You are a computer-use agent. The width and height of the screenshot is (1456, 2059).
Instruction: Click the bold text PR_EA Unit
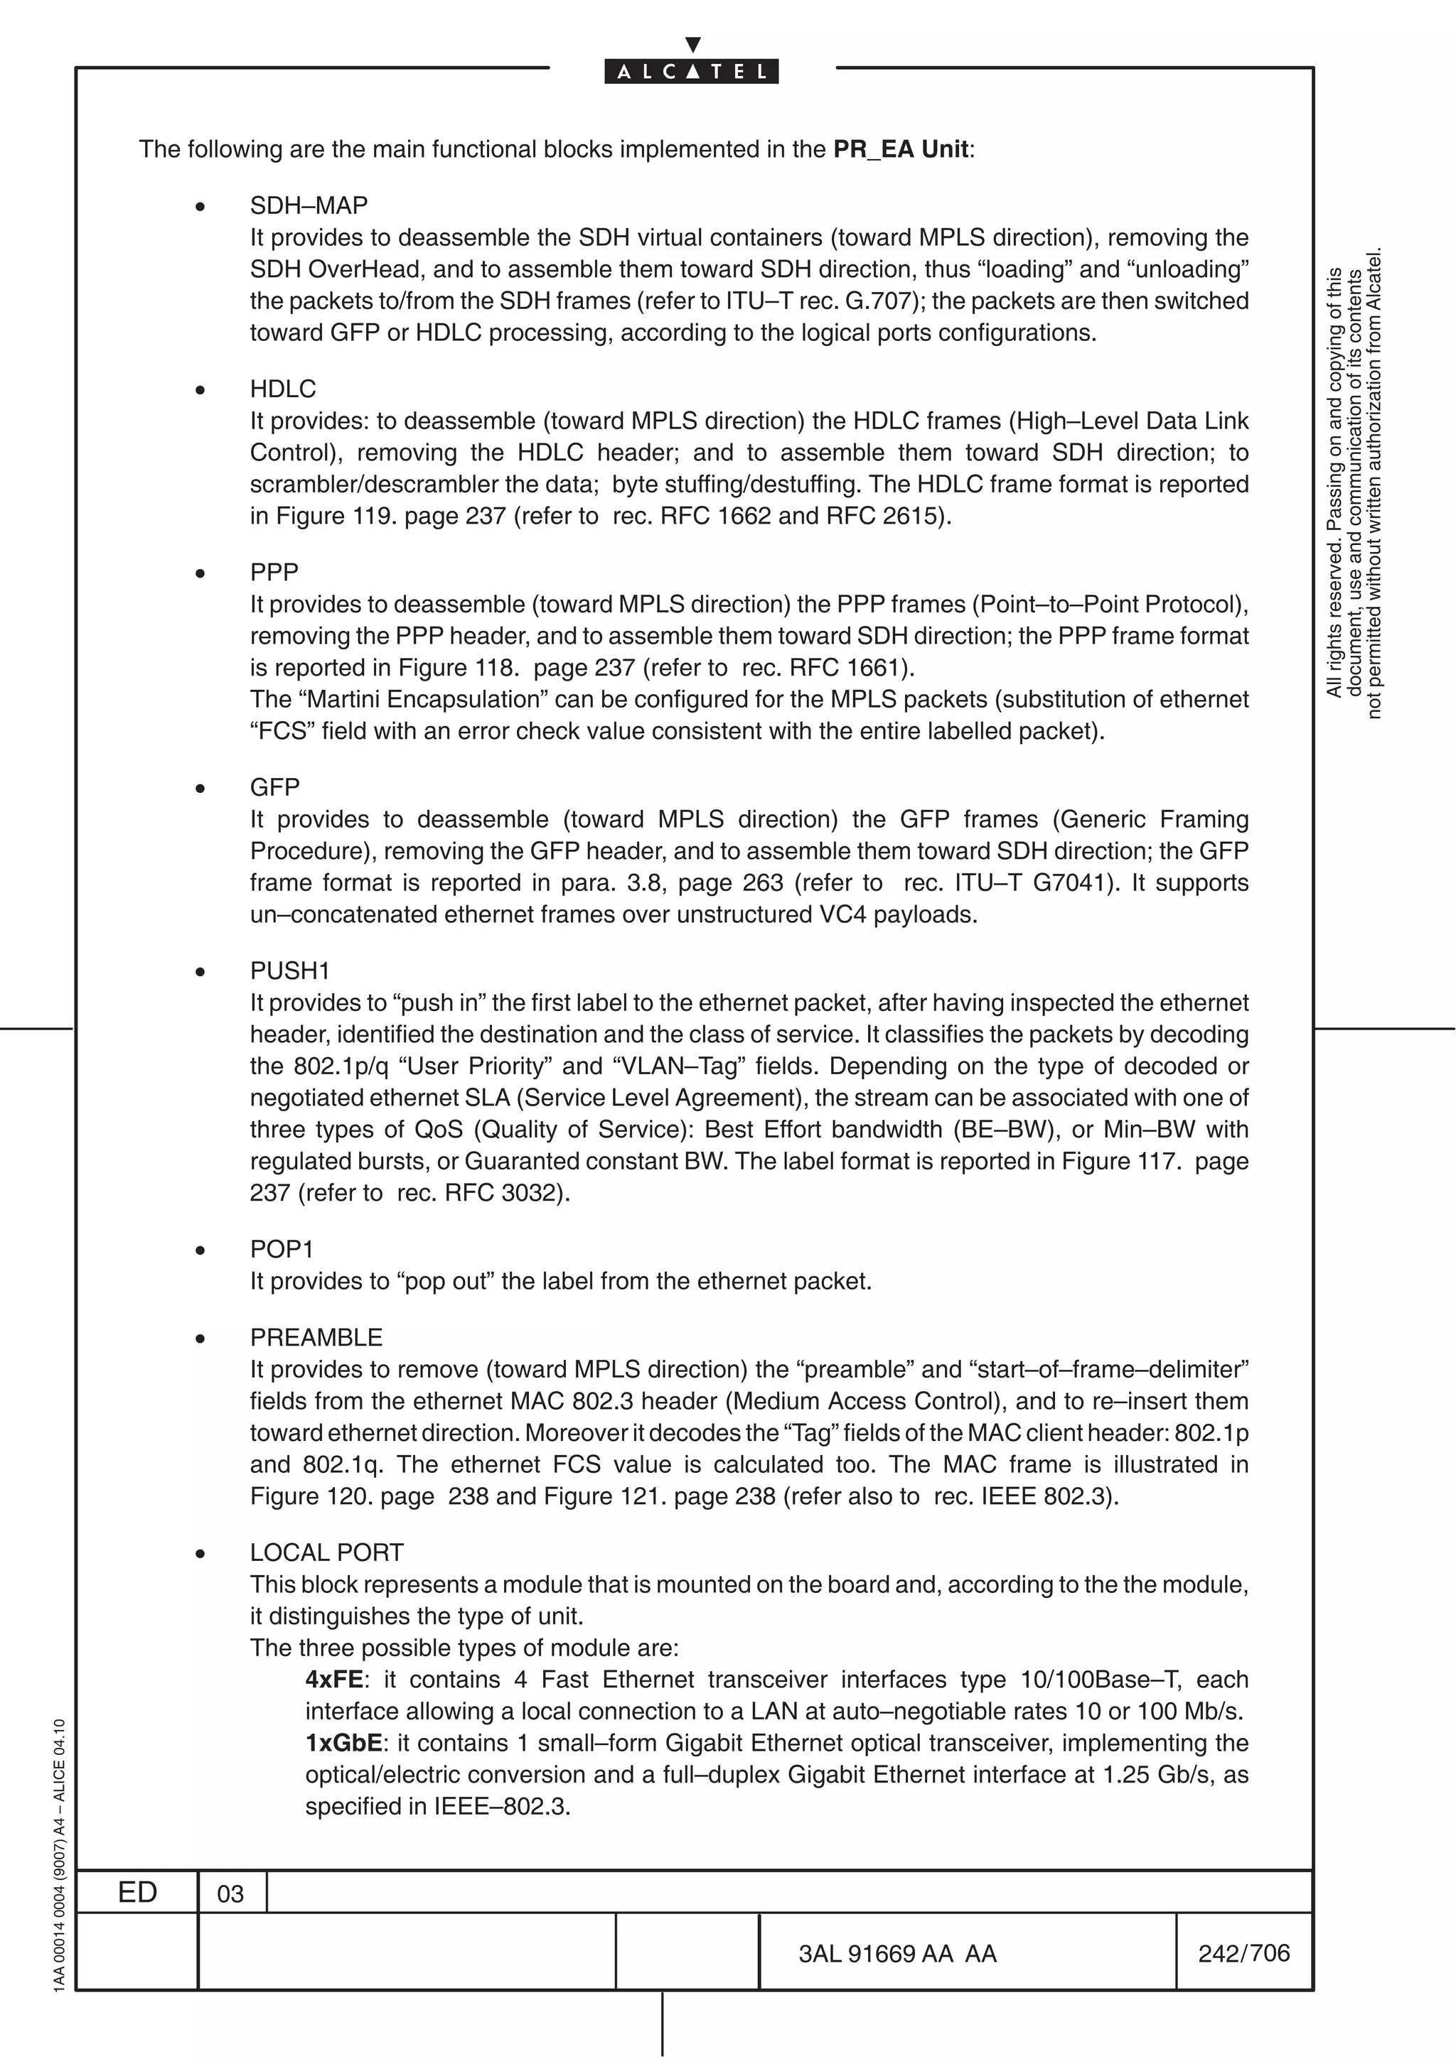[900, 149]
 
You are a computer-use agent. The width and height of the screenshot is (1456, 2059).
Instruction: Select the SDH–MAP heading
[309, 205]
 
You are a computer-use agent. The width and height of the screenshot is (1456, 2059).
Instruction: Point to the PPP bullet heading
[274, 572]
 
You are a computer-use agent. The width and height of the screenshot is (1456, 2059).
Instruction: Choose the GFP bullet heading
[274, 787]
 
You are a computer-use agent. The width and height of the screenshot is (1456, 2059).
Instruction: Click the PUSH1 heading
[290, 971]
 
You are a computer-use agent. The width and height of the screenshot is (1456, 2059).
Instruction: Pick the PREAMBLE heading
[316, 1337]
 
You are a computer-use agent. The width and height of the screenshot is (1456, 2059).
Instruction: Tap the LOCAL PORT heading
[326, 1552]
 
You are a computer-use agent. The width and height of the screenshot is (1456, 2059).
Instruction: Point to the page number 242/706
[1243, 1953]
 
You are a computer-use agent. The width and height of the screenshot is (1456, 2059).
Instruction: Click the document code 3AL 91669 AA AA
[897, 1954]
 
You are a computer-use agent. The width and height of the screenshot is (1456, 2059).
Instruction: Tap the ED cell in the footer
[137, 1892]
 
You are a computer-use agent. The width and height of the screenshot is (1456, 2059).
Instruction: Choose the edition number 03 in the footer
[230, 1894]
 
